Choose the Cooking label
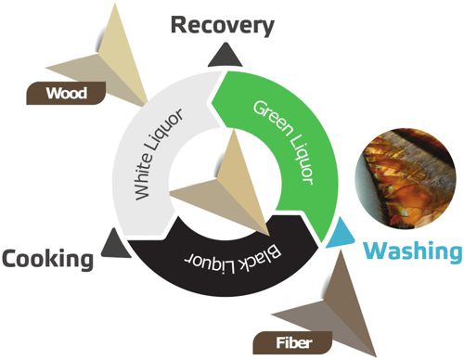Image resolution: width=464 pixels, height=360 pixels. tap(47, 258)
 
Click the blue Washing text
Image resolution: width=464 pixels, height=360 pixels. tap(410, 251)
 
